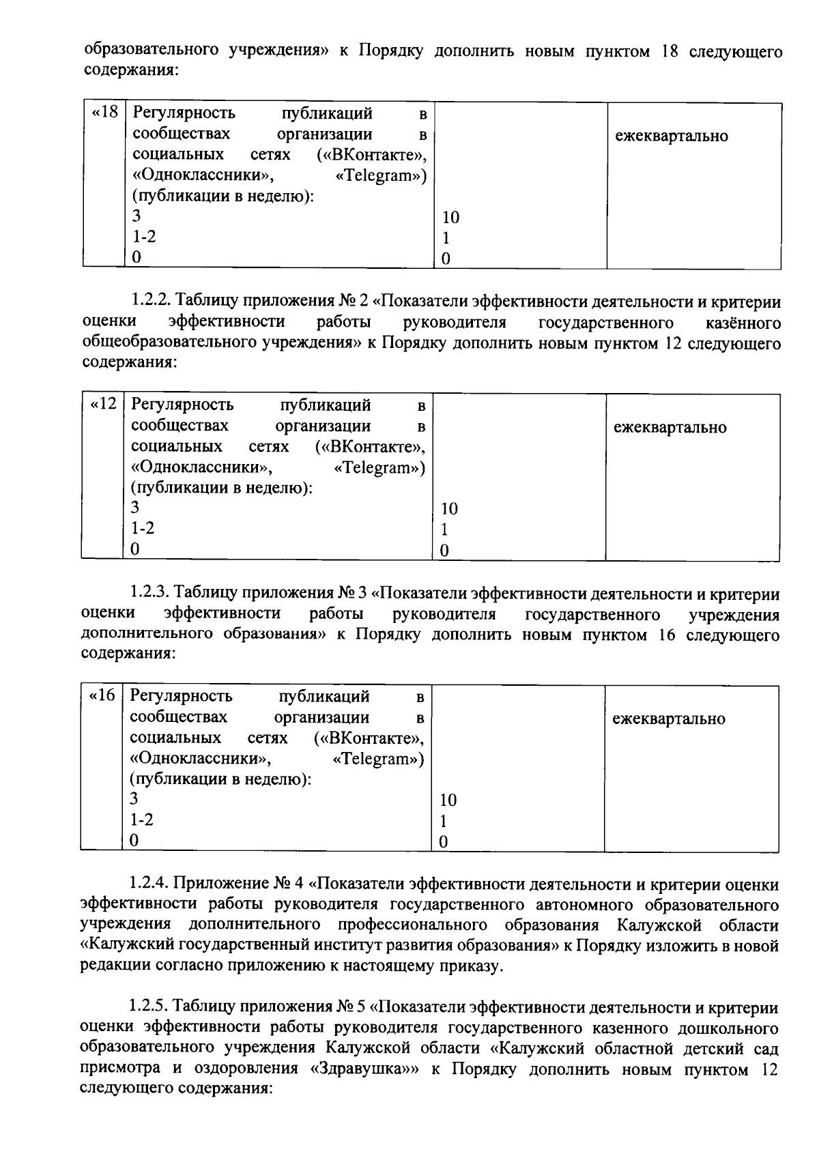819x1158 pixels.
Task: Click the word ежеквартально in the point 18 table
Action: click(672, 136)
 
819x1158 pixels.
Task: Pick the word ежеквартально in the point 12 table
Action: click(670, 428)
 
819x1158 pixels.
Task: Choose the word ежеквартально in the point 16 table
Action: click(669, 719)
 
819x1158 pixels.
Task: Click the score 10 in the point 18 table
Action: click(450, 218)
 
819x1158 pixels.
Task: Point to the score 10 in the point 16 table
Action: click(448, 800)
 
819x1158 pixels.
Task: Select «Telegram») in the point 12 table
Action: click(380, 468)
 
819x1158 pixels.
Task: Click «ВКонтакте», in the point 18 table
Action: click(377, 156)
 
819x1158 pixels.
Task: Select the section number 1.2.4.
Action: click(149, 885)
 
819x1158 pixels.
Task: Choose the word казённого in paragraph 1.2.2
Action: click(743, 322)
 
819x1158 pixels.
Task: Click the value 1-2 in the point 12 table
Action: click(143, 528)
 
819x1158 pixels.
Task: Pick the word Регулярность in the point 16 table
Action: click(182, 696)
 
